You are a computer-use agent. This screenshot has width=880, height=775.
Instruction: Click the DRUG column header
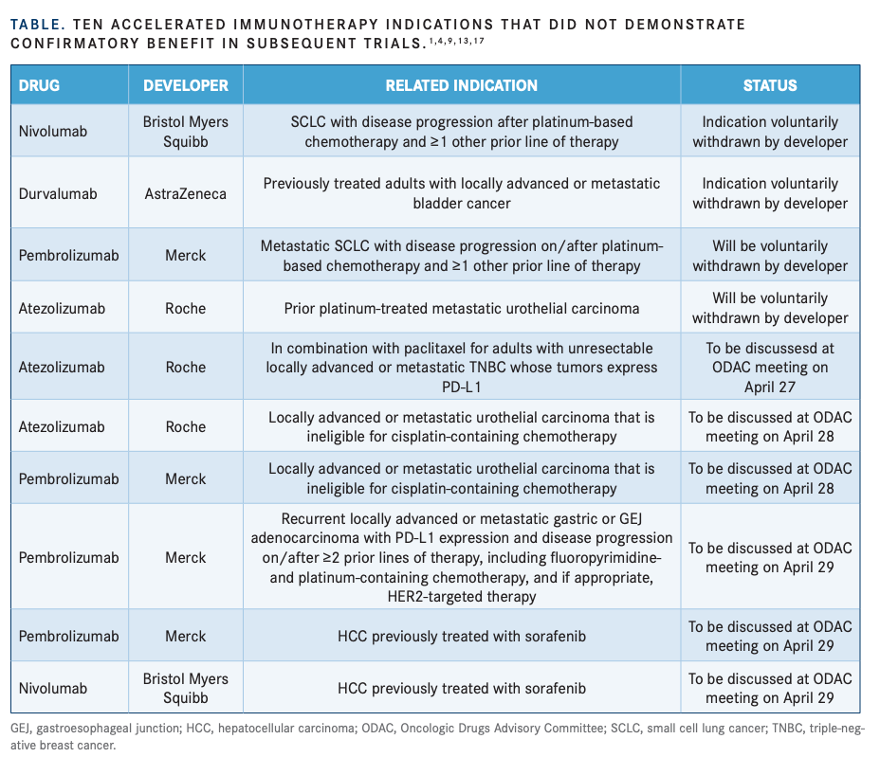point(39,85)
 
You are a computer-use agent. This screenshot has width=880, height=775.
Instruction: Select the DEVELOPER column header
point(186,85)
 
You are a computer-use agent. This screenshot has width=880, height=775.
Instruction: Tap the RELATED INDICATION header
point(461,85)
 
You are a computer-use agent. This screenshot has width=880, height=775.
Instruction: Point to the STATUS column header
point(770,85)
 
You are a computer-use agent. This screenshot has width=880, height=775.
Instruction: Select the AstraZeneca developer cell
point(186,193)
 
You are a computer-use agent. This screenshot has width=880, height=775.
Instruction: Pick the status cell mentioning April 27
point(770,367)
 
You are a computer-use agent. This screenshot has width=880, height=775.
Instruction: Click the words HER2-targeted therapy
point(462,596)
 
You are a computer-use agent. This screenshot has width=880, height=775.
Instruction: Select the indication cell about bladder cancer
point(461,193)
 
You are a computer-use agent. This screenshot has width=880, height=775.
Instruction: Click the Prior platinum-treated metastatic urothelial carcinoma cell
point(461,308)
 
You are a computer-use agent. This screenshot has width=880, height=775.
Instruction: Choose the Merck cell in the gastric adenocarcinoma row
point(186,557)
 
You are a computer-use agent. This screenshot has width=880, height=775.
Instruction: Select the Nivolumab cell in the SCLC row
point(53,132)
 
